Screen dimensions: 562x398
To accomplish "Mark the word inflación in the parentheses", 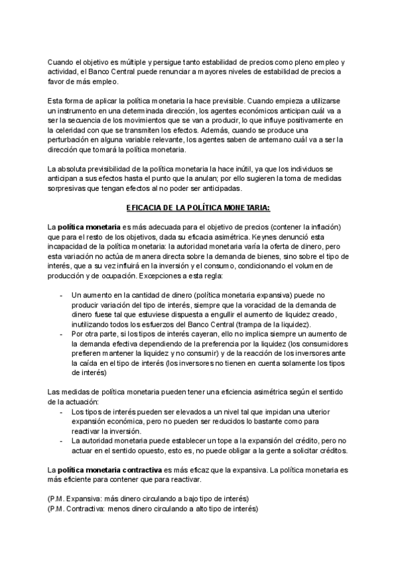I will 325,226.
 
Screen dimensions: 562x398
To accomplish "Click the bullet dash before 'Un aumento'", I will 61,294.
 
